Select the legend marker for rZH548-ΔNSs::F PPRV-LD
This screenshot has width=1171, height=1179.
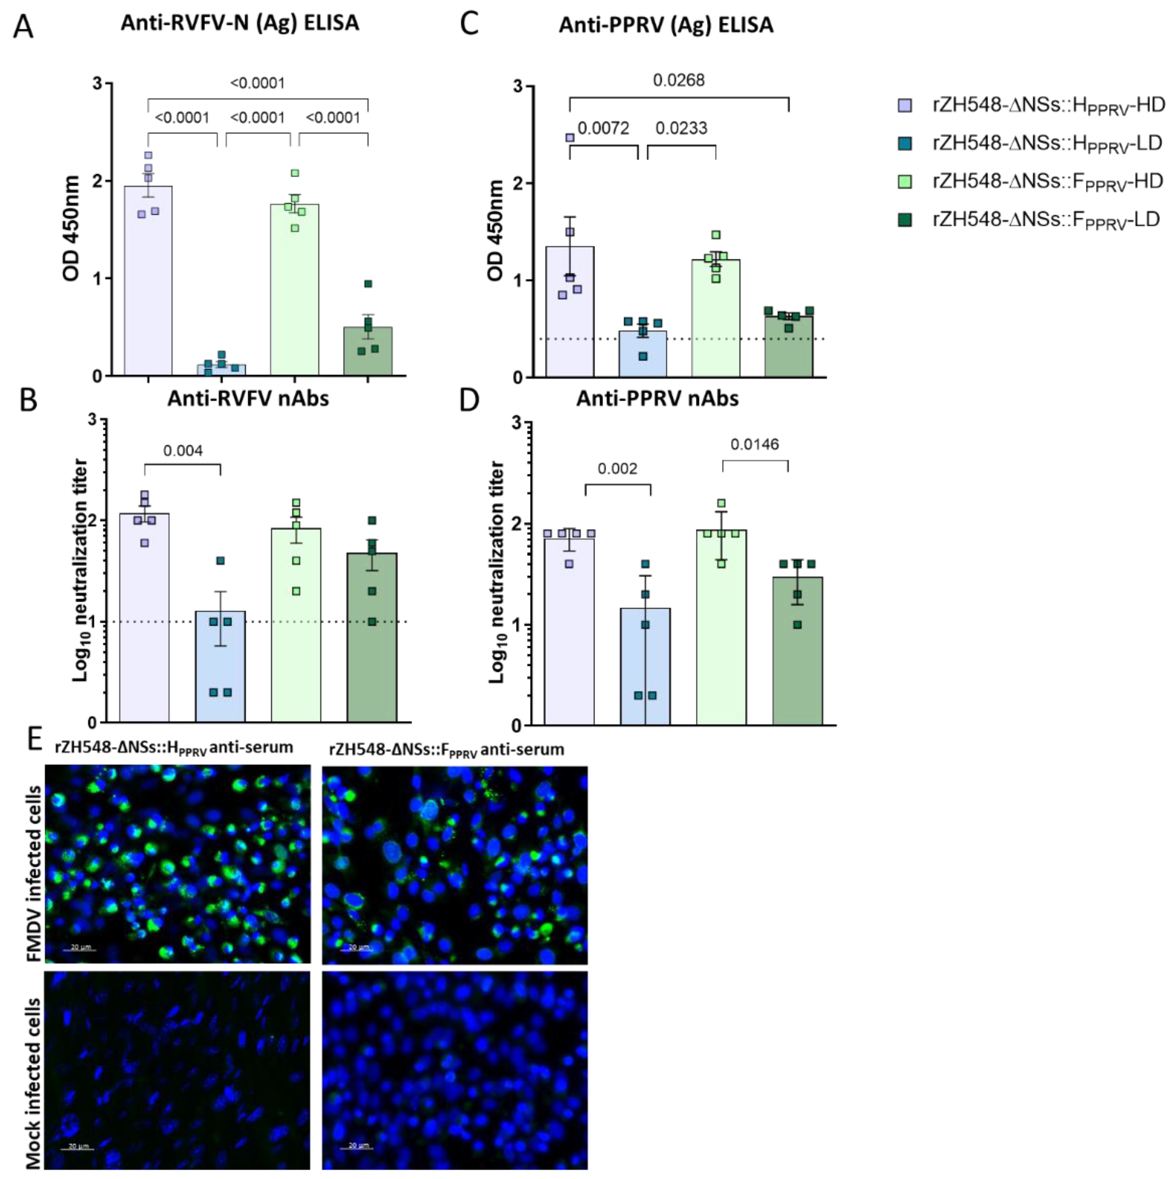pos(905,220)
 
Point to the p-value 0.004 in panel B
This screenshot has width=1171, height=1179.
pos(183,451)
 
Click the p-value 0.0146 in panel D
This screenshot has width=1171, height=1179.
pos(755,444)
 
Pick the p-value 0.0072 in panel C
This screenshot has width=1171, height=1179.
pos(603,128)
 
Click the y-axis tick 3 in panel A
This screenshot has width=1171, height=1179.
pos(98,84)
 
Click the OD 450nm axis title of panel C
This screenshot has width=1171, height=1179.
pos(495,231)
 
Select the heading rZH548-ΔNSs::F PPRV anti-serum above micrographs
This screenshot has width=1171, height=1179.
pos(446,749)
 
